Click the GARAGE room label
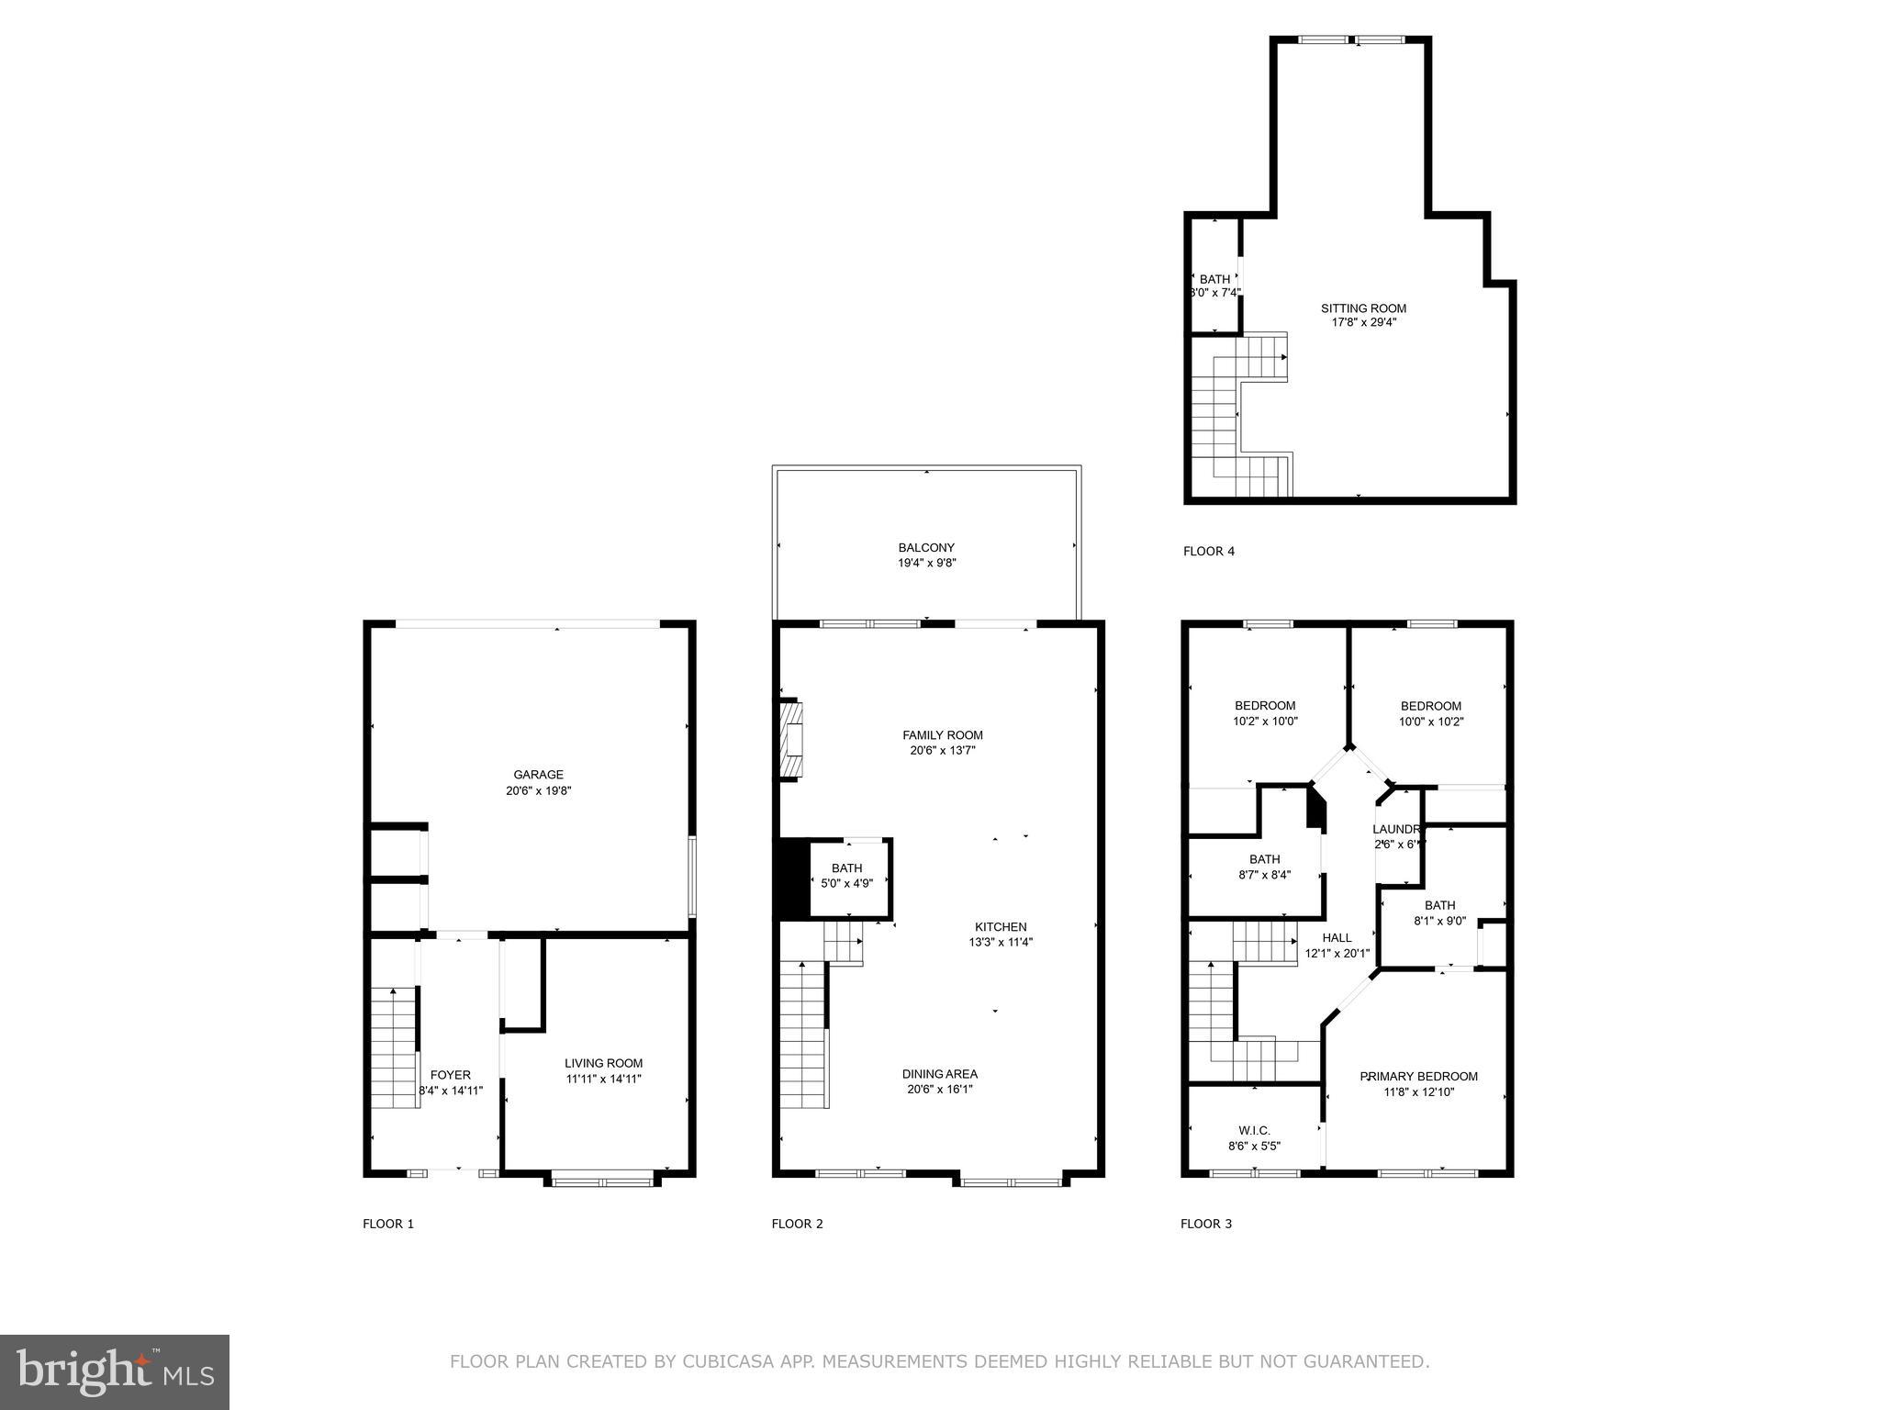click(538, 775)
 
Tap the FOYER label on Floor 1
click(450, 1075)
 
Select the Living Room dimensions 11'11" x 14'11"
click(603, 1079)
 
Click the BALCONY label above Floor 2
click(926, 548)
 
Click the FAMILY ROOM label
click(942, 735)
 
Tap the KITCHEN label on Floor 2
click(1001, 927)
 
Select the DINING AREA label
click(939, 1074)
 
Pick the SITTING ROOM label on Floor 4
click(1363, 308)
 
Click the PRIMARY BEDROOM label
click(1418, 1077)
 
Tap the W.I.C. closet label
click(1254, 1131)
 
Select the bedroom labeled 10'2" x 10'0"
click(1264, 713)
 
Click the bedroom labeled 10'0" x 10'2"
click(1430, 713)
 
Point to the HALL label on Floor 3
click(1337, 938)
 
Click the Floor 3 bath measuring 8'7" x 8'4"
click(1264, 867)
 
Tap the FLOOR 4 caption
click(1208, 552)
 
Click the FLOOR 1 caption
click(388, 1224)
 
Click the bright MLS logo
click(115, 1372)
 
